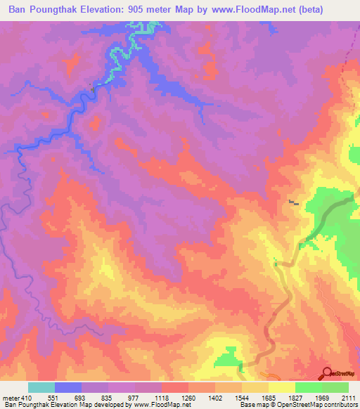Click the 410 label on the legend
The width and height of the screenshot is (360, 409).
click(x=27, y=398)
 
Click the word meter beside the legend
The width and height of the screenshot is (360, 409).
click(x=11, y=398)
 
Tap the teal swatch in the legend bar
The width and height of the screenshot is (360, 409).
click(x=41, y=387)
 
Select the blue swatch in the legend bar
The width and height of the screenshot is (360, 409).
click(x=68, y=387)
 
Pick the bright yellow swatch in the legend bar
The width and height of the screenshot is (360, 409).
click(x=282, y=387)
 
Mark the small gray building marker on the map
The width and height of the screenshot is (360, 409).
click(x=292, y=203)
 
